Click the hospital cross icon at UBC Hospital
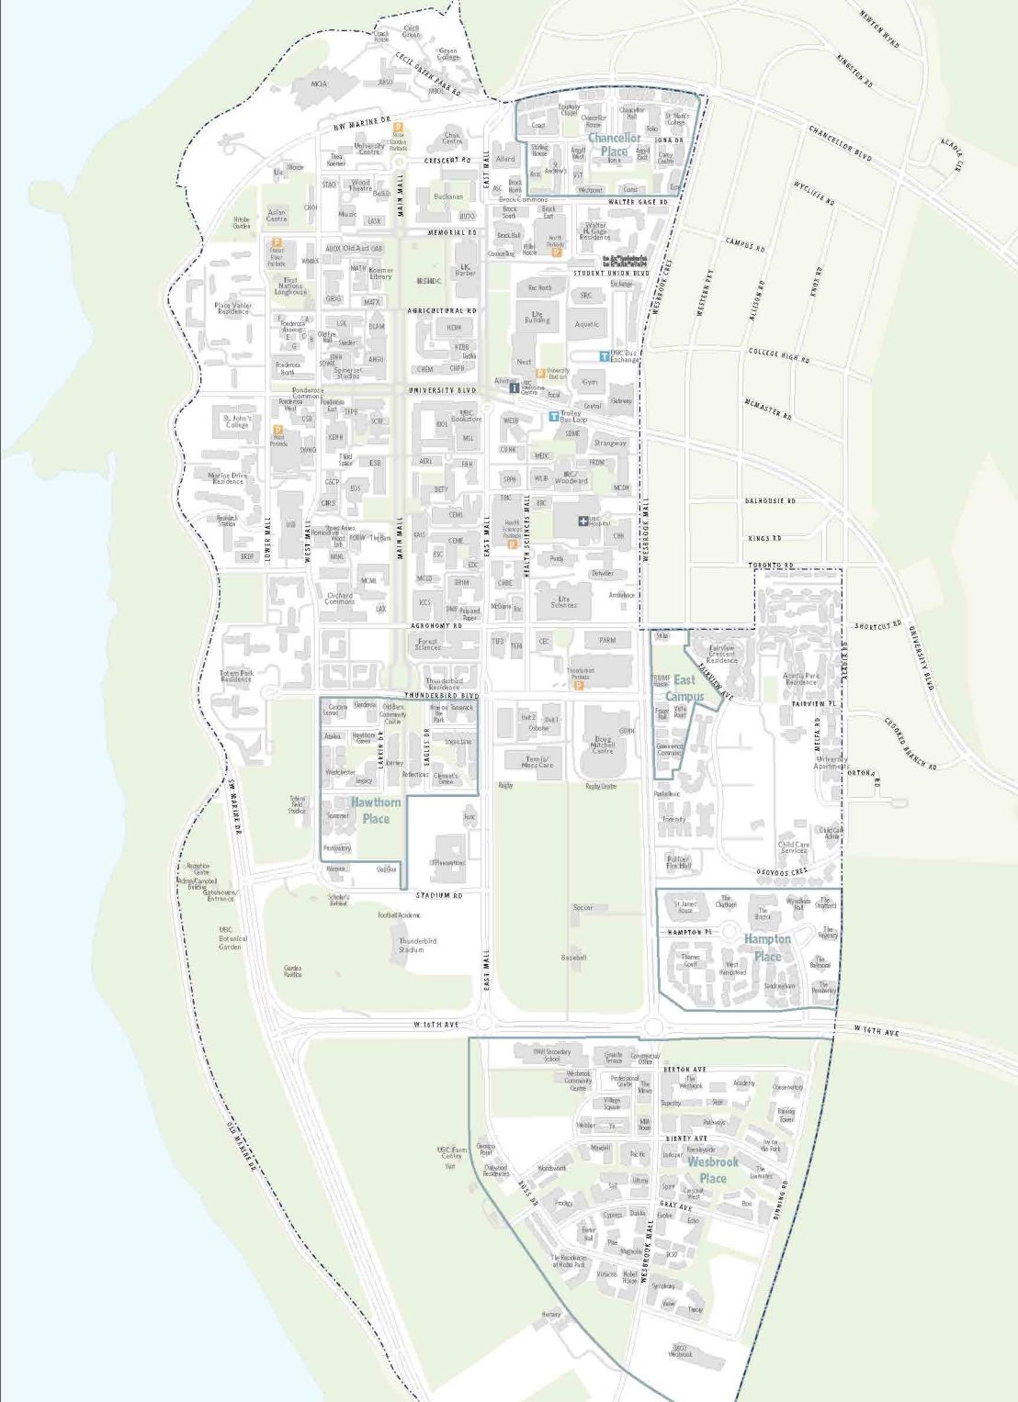coord(583,522)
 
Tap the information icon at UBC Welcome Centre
coord(514,387)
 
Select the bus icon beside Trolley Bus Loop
coord(553,416)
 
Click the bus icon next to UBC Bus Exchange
coord(604,355)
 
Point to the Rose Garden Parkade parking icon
coord(398,128)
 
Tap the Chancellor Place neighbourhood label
coord(614,145)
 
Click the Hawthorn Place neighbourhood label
coord(375,810)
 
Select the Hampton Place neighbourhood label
coord(767,948)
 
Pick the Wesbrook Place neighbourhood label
coord(713,1170)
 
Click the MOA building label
coord(319,84)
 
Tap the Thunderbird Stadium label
coord(418,945)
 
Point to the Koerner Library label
coord(380,273)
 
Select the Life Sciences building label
coord(563,601)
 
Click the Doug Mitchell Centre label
coord(603,745)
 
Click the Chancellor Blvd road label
coord(840,144)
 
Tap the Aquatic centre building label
coord(586,324)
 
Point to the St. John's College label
coord(237,421)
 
